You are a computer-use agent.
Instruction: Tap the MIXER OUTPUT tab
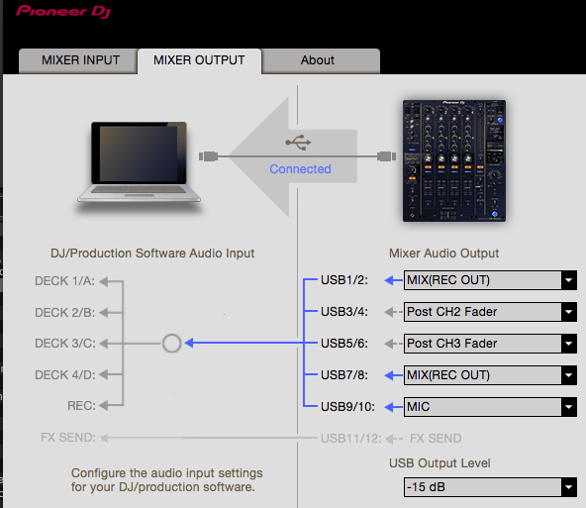point(199,60)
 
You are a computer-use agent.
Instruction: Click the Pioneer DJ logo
point(63,11)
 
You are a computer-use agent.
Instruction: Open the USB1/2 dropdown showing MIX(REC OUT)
point(490,280)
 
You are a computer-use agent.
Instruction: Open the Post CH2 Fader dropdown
point(490,312)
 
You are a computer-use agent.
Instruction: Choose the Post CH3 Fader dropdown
point(490,344)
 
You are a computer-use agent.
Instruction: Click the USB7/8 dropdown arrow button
point(569,375)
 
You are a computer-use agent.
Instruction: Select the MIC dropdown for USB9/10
point(490,407)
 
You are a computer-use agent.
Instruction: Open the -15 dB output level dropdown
point(490,487)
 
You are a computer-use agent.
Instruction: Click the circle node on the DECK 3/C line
point(172,334)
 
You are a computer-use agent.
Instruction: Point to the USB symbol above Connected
point(298,143)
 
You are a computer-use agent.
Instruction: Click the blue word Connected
point(300,169)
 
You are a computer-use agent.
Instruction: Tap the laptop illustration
point(139,163)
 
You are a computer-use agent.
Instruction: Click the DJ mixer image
point(454,160)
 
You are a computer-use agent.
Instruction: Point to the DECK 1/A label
point(64,280)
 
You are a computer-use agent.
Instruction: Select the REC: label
point(81,406)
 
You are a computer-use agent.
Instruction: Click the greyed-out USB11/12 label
point(351,438)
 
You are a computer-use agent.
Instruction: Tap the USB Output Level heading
point(439,463)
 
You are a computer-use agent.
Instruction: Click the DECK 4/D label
point(65,374)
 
